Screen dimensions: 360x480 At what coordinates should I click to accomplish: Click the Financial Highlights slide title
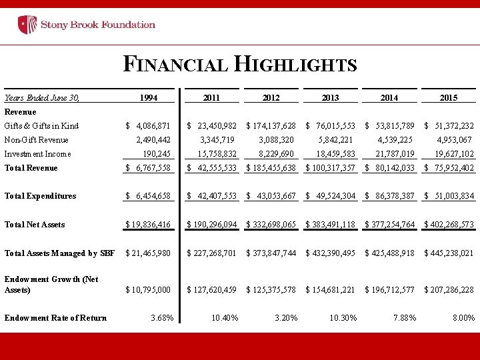(x=240, y=65)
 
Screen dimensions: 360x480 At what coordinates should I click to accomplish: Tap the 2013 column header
(x=330, y=98)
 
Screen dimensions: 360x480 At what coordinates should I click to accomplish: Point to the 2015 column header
(x=449, y=98)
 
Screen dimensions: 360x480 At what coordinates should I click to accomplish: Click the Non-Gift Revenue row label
(x=36, y=140)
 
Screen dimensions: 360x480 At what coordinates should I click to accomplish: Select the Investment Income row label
(x=37, y=154)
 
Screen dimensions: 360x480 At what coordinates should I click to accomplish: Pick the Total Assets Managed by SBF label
(x=59, y=253)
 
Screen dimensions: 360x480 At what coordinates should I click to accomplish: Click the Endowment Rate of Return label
(x=55, y=318)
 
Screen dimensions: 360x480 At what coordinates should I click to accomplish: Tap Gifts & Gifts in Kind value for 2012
(x=271, y=126)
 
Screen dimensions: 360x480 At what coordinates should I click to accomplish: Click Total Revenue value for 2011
(x=211, y=168)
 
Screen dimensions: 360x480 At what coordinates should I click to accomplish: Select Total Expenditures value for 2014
(x=389, y=196)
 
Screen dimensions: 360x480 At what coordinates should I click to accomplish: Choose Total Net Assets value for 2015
(x=449, y=225)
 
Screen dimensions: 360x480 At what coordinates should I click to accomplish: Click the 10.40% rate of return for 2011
(x=224, y=318)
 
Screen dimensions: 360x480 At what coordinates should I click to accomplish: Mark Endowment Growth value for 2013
(x=330, y=290)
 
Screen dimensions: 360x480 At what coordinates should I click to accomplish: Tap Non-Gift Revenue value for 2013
(x=337, y=140)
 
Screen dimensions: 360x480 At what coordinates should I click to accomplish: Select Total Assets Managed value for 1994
(x=148, y=253)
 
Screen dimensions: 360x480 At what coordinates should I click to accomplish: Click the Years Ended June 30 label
(x=41, y=98)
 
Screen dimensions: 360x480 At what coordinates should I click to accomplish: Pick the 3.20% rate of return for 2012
(x=286, y=318)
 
